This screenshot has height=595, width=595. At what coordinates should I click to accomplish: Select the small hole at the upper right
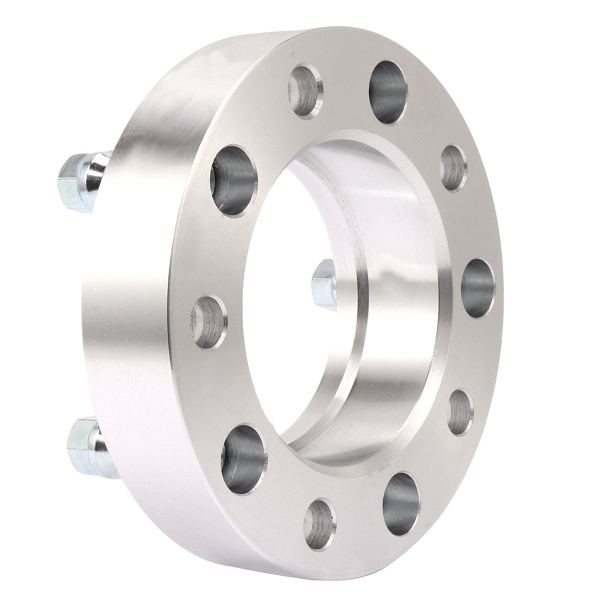[453, 168]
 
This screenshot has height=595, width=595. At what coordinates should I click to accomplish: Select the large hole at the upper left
[236, 180]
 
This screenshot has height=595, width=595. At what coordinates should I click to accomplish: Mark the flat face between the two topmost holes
[346, 71]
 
